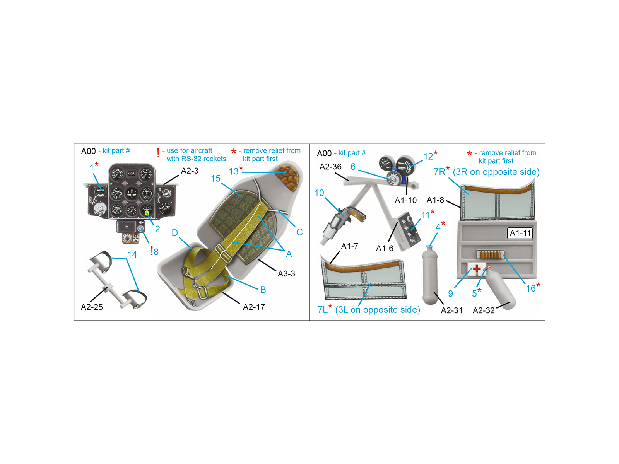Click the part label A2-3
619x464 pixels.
[x=190, y=171]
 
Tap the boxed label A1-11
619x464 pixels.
[x=520, y=233]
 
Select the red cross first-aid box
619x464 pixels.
[x=476, y=269]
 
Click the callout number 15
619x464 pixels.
[x=215, y=178]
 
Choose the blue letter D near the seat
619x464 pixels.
[x=175, y=233]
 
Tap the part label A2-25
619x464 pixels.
[x=92, y=307]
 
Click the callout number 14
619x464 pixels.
[x=132, y=255]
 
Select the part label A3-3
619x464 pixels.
[x=286, y=273]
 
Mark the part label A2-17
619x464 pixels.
[x=254, y=307]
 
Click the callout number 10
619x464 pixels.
[x=319, y=193]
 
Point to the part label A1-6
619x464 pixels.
[x=385, y=248]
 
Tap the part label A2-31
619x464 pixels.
[x=451, y=310]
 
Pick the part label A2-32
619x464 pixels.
[x=484, y=310]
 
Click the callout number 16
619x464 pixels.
[x=531, y=288]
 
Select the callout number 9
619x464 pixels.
[x=451, y=293]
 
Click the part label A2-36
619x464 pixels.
[x=330, y=167]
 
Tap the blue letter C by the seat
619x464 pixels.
[x=299, y=232]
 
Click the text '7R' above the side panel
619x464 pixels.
[x=439, y=172]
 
